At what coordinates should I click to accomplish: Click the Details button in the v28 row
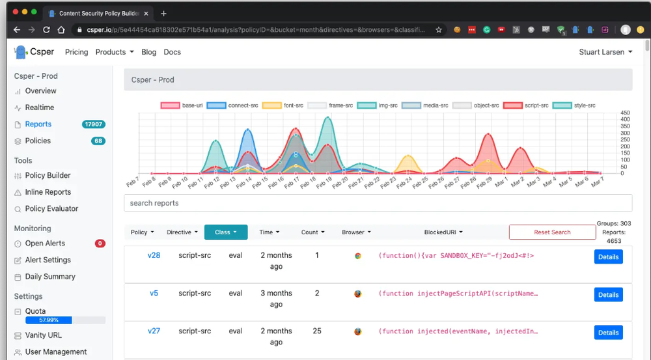608,257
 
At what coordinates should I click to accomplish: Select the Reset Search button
552,232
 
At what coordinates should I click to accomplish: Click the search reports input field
378,203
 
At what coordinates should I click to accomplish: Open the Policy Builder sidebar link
48,176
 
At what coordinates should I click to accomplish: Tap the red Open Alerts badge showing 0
100,243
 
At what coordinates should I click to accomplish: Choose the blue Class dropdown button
225,232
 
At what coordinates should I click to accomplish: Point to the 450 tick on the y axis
625,113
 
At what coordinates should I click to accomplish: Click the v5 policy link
154,293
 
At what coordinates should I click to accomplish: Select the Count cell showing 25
317,331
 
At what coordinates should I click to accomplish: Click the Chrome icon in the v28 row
358,256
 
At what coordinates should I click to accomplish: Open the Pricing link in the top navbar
76,52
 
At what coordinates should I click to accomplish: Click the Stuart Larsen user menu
605,52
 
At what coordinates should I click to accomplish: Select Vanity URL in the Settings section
43,335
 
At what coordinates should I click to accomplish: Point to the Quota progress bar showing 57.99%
64,320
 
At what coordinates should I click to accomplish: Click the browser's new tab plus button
163,14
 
